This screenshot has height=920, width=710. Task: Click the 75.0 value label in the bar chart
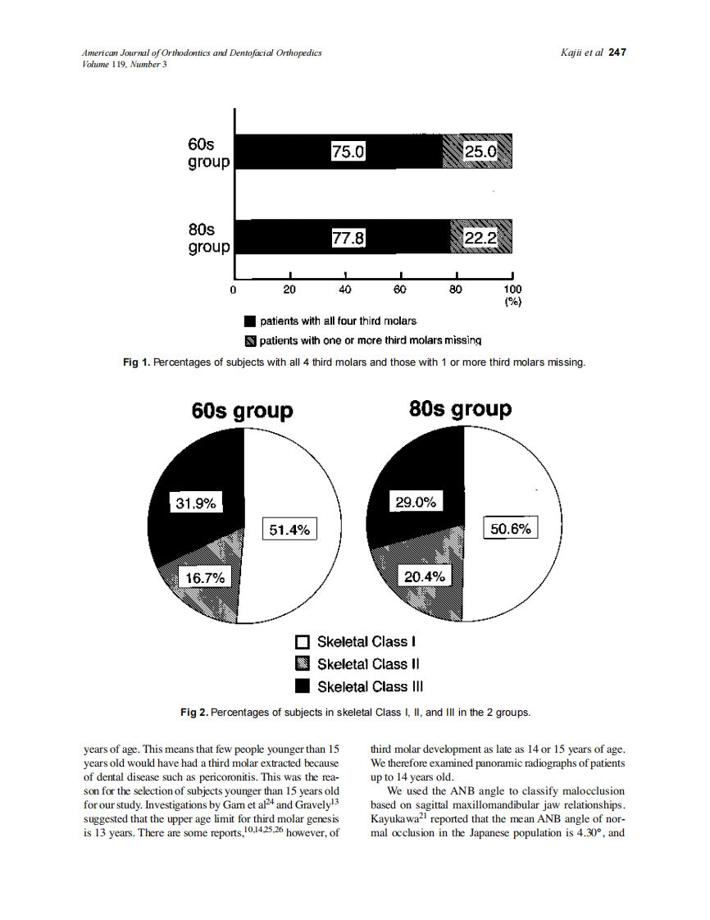[348, 152]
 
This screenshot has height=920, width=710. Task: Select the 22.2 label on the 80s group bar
[480, 238]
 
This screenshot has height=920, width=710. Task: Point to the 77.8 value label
[348, 238]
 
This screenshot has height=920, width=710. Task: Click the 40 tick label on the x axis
[345, 289]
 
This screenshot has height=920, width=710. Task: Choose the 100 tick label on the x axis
[512, 289]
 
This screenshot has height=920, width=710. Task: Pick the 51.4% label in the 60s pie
[289, 530]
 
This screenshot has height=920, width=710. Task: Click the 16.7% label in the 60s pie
[204, 578]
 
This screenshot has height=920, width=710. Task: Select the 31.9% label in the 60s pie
[197, 503]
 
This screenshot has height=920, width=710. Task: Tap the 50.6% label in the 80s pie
[511, 529]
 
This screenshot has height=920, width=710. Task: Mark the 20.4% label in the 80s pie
[425, 577]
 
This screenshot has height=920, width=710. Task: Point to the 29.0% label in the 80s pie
[416, 503]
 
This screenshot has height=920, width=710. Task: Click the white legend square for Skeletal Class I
[302, 642]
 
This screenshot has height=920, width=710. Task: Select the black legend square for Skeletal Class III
[302, 686]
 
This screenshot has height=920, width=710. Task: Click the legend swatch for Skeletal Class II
[302, 664]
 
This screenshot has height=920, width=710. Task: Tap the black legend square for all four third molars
[250, 321]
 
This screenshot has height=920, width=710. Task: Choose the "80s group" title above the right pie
[460, 408]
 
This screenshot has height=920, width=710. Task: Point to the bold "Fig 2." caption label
[194, 713]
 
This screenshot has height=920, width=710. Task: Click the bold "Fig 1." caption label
[137, 362]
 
